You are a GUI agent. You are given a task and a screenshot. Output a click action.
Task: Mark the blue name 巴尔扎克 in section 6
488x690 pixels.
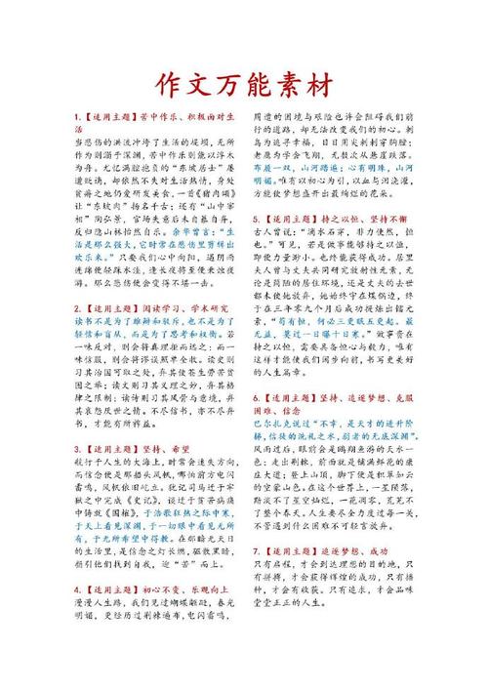pyautogui.click(x=274, y=425)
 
